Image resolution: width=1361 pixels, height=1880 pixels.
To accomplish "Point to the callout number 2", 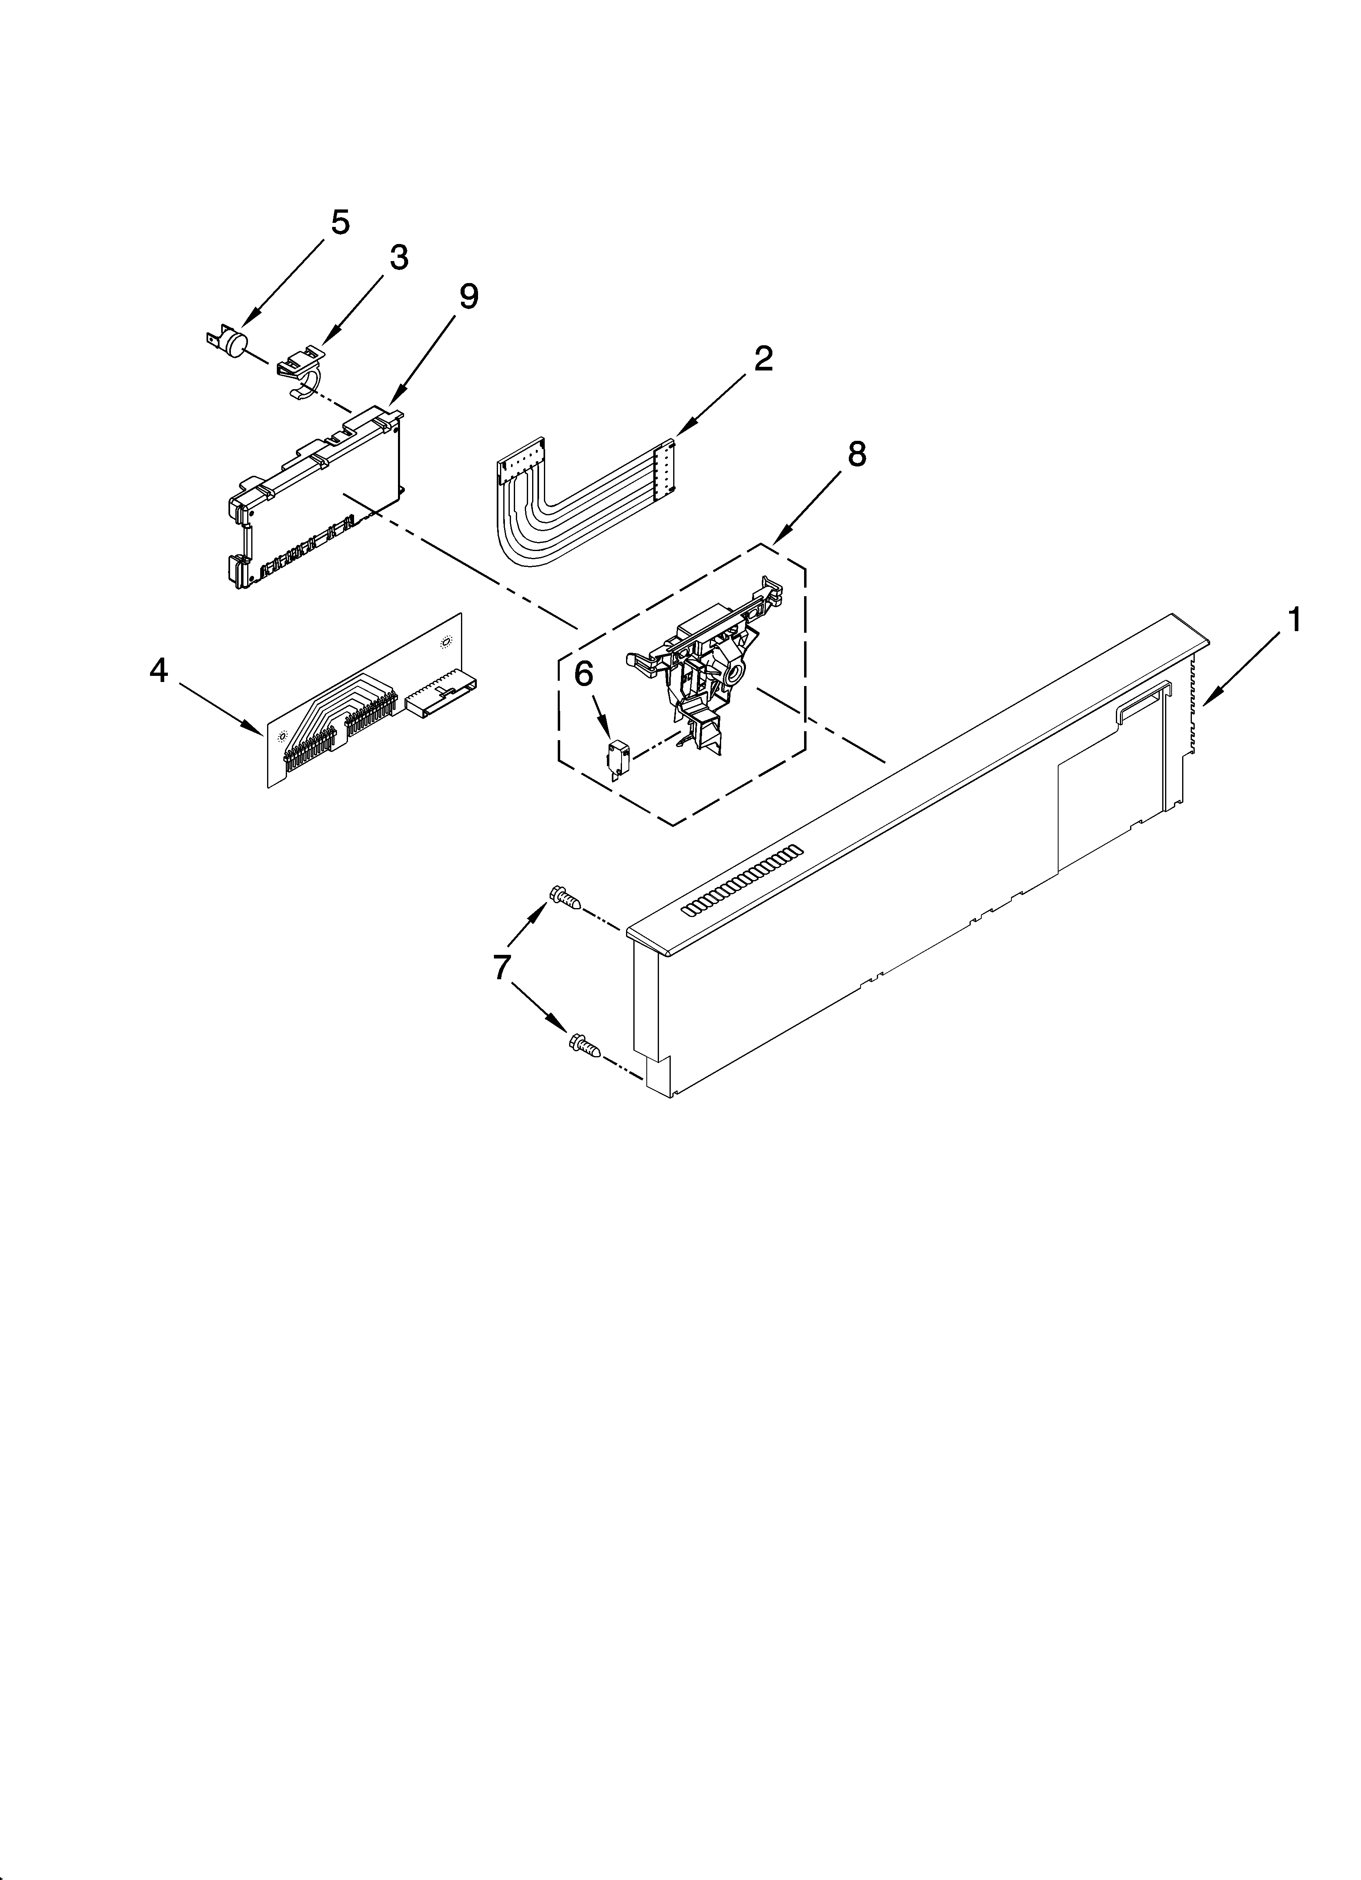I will [x=763, y=359].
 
